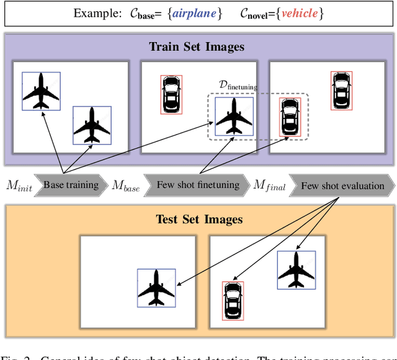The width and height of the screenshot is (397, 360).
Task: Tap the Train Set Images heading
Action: coord(197,46)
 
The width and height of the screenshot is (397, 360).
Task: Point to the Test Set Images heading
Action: coord(199,219)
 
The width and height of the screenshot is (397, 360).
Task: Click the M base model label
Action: coord(125,186)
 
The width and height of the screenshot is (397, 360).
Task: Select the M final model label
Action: coord(269,186)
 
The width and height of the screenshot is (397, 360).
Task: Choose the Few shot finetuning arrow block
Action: coord(197,185)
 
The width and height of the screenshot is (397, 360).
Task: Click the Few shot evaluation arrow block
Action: coord(342,185)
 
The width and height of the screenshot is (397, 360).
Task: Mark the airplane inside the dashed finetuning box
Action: coord(234,116)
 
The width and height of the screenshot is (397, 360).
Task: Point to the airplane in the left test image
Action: coord(156,287)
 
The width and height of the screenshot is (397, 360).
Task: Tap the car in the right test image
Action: coord(233,301)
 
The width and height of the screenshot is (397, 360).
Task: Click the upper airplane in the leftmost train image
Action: coord(41,90)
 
